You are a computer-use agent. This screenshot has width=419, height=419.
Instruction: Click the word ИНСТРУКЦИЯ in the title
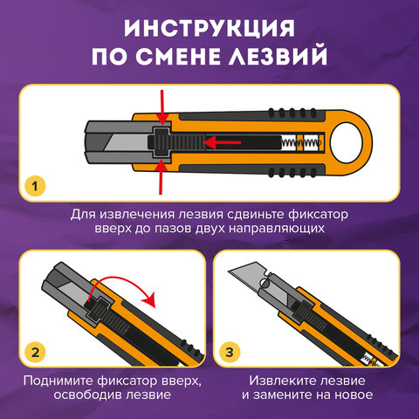209,28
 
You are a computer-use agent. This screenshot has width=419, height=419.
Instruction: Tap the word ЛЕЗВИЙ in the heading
278,55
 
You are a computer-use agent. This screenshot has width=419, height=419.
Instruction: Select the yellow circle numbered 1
35,186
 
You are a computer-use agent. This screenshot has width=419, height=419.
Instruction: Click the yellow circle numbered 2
35,353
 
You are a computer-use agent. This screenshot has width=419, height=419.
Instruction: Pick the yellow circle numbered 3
230,353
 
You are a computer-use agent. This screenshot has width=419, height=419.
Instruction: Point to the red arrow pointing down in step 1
162,107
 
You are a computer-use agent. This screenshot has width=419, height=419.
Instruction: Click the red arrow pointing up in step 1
161,177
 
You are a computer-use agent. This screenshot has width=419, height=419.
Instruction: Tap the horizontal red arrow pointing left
223,142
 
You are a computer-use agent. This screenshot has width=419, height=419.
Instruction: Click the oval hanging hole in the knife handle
347,142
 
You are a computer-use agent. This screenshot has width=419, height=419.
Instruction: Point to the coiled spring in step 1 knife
301,142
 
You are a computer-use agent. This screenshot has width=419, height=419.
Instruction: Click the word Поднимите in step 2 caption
58,381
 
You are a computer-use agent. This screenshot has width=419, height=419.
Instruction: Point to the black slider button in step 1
161,142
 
